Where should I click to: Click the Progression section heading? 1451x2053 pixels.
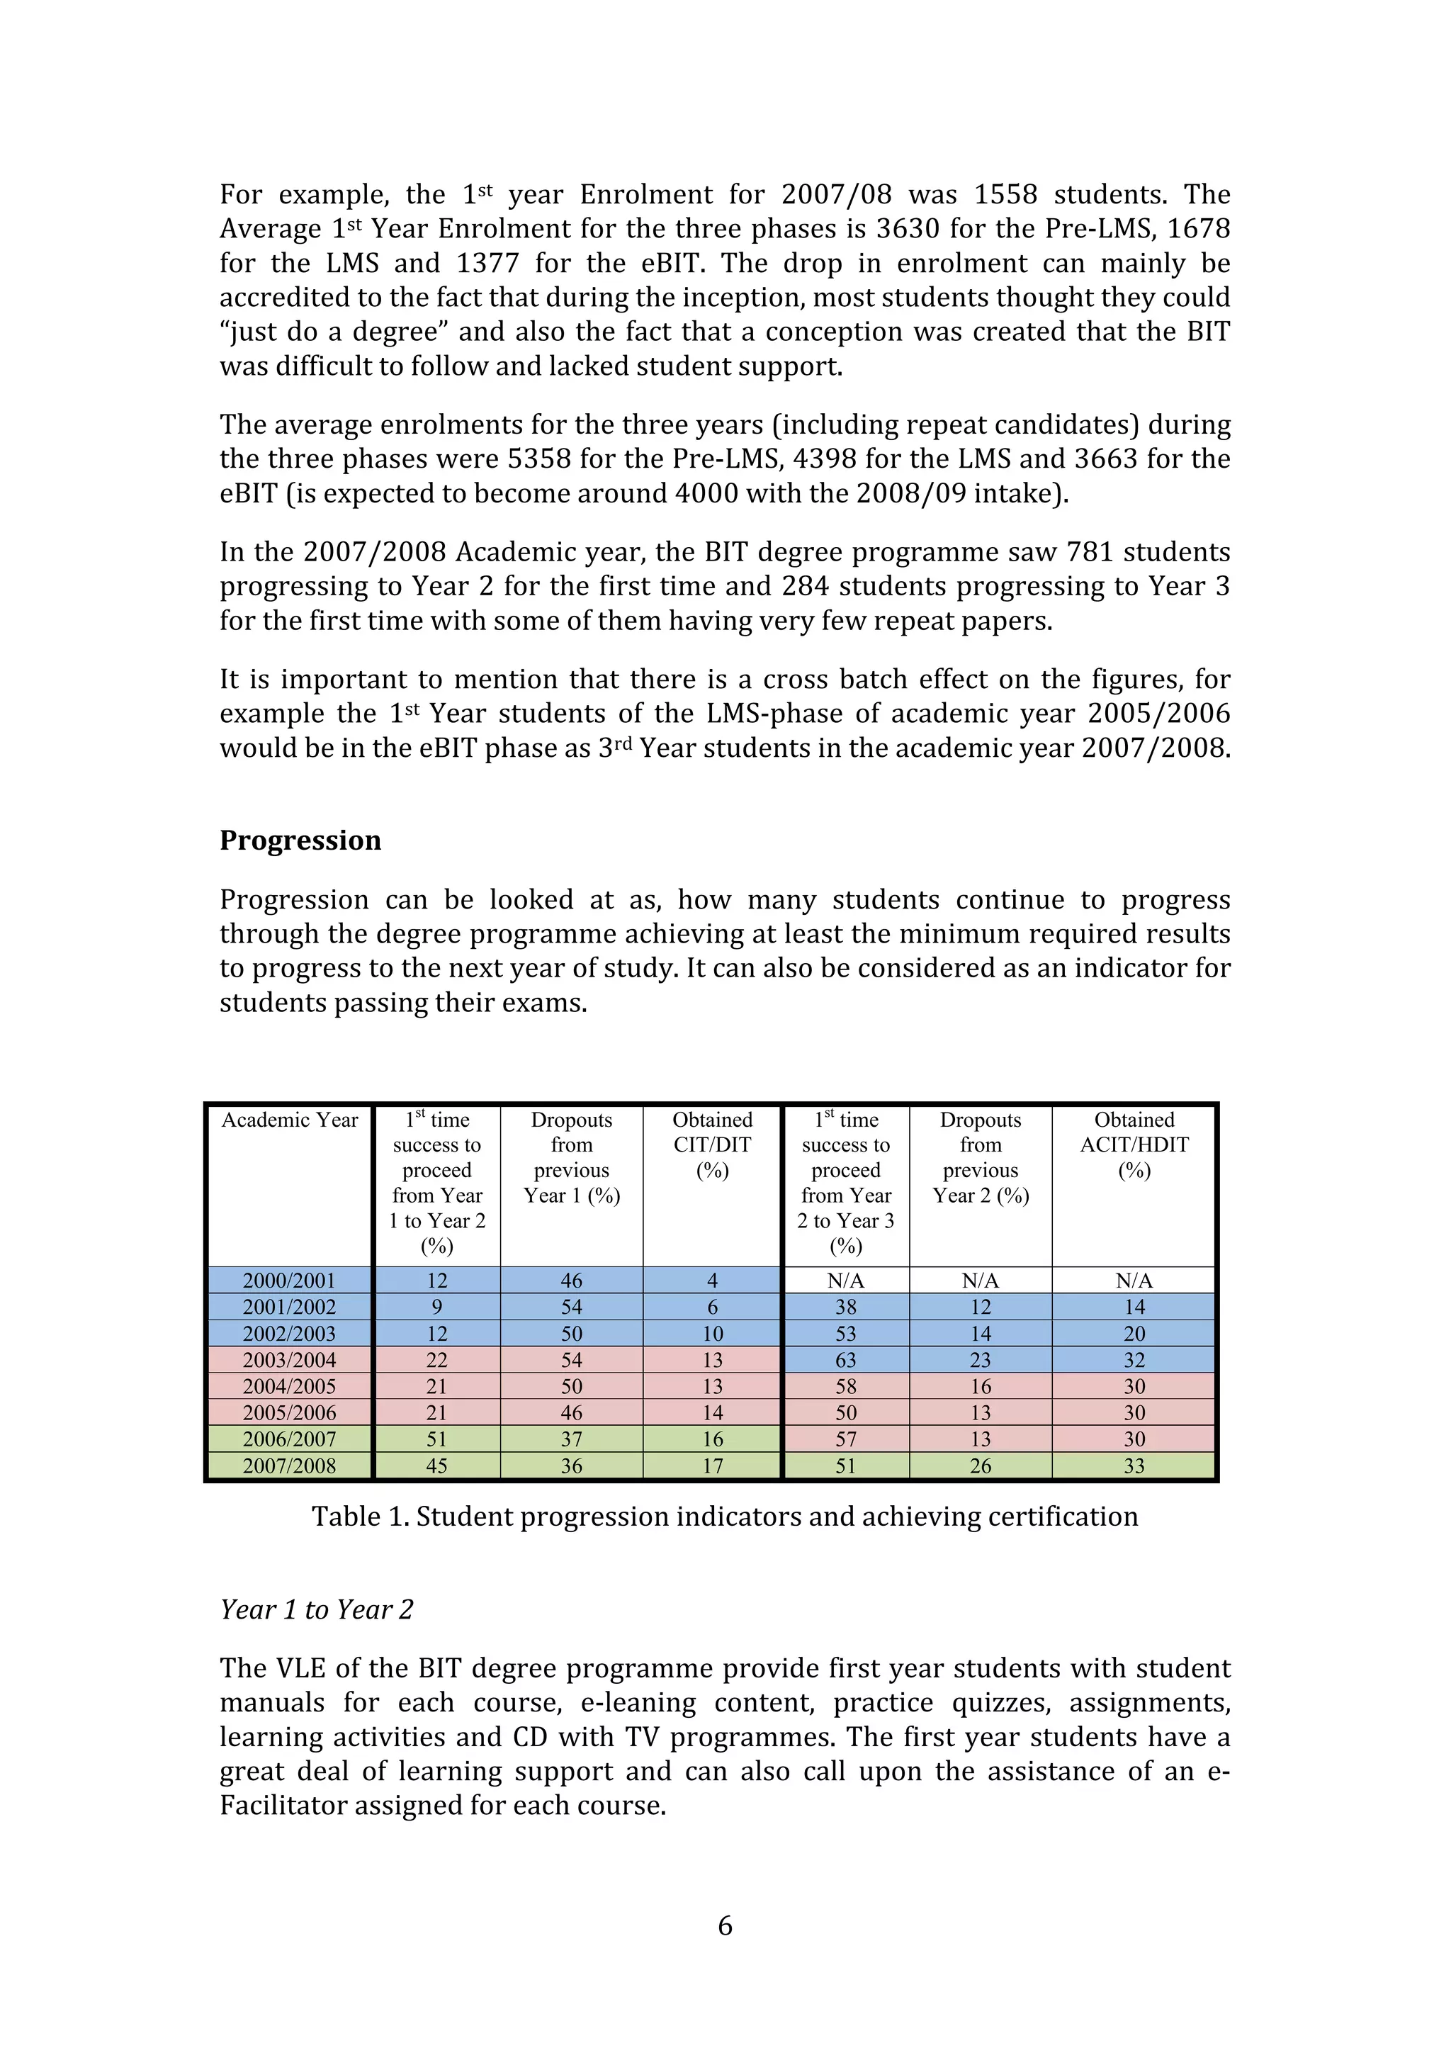[x=300, y=840]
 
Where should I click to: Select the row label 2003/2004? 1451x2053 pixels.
[x=289, y=1360]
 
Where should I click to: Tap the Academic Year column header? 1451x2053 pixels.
[x=289, y=1120]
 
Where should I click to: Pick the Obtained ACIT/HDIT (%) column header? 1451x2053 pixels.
[x=1134, y=1144]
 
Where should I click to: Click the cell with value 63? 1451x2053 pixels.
[x=846, y=1360]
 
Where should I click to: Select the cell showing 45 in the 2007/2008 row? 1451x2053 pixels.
[x=436, y=1466]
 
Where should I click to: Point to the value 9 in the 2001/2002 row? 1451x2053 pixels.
[x=436, y=1307]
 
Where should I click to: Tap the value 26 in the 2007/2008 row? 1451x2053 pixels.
[x=980, y=1466]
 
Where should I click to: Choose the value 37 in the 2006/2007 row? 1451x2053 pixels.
[x=571, y=1439]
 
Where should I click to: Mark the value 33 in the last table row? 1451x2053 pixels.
[x=1134, y=1466]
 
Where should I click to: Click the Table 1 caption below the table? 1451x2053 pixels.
[x=724, y=1517]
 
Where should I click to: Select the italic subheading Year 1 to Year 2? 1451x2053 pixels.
[x=317, y=1609]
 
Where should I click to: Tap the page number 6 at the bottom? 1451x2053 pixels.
[x=725, y=1925]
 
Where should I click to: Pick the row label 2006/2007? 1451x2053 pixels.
[x=289, y=1439]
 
